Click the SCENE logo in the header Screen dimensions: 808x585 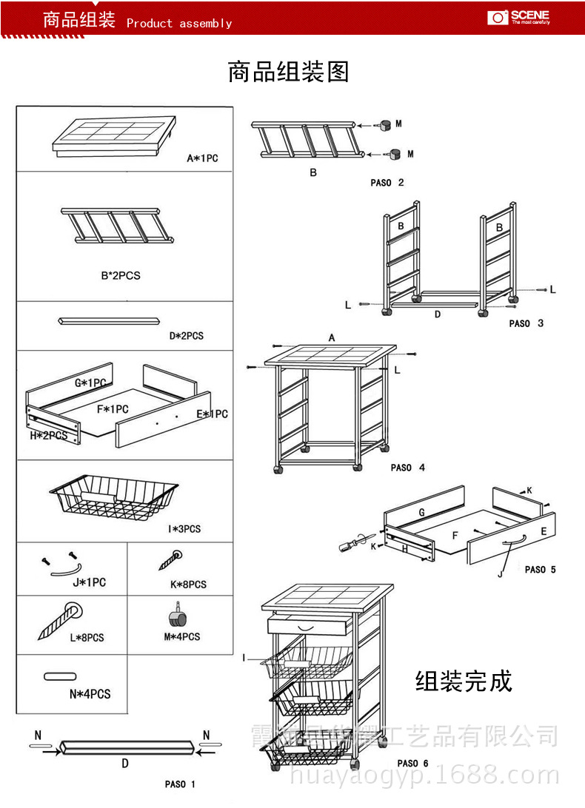(x=518, y=17)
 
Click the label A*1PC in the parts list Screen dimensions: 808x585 (x=202, y=158)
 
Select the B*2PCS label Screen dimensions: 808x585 (x=120, y=275)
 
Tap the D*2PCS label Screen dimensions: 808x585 (x=186, y=336)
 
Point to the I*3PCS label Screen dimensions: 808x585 (x=184, y=529)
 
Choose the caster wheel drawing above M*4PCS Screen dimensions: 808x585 (x=177, y=617)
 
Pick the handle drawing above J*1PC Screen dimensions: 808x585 (x=64, y=564)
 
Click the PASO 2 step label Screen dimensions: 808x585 (x=387, y=183)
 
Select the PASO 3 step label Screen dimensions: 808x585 (x=526, y=323)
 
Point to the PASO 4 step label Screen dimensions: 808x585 (x=407, y=468)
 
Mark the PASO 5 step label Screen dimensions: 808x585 (x=540, y=570)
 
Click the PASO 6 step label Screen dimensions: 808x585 (x=412, y=764)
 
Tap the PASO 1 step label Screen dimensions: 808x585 (x=180, y=784)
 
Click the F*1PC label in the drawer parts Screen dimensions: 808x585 (x=112, y=409)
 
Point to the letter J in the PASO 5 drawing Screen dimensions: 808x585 (x=500, y=573)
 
